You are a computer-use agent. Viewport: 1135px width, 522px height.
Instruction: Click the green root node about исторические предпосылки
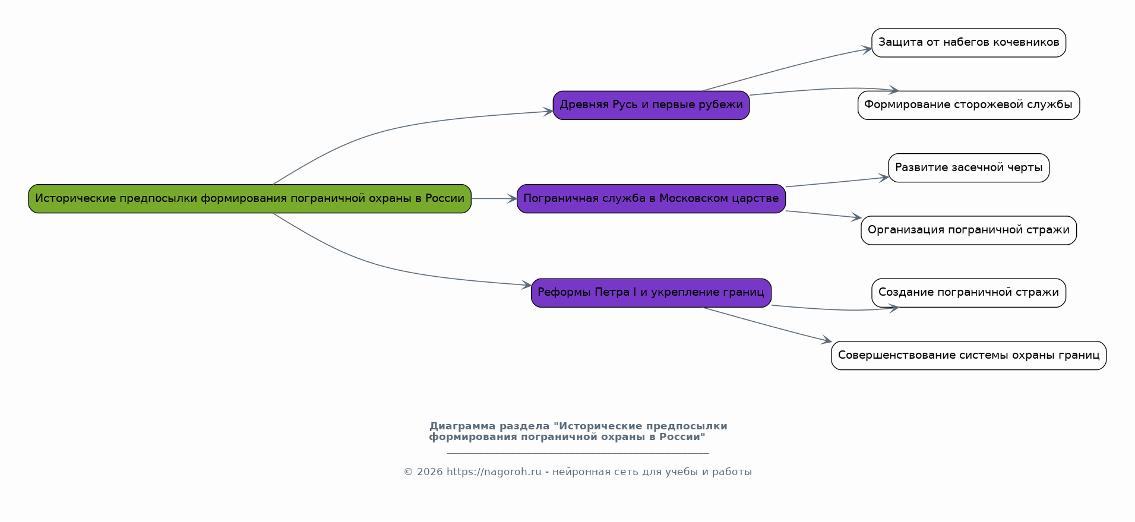[x=249, y=198]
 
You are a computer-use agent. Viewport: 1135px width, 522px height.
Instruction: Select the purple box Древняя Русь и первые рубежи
[x=651, y=105]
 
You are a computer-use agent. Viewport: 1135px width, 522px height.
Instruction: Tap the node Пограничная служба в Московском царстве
[x=651, y=198]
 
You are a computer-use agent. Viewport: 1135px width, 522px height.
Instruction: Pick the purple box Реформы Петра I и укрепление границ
[x=651, y=292]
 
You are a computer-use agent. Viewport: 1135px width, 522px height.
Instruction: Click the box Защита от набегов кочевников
[x=968, y=43]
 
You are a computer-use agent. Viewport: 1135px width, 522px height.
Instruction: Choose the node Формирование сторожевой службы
[x=968, y=105]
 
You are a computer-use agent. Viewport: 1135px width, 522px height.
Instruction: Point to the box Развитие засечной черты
[x=968, y=167]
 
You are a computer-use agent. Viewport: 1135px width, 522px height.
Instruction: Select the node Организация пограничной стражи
[x=968, y=230]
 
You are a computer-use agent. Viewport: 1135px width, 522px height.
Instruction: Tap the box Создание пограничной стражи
[x=968, y=292]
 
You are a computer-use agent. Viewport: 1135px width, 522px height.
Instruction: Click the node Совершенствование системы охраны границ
[x=968, y=355]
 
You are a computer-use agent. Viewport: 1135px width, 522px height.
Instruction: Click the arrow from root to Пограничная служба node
[x=493, y=198]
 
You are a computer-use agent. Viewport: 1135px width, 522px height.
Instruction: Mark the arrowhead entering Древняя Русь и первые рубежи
[x=549, y=111]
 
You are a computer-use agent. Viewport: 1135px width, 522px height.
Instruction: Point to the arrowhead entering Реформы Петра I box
[x=527, y=285]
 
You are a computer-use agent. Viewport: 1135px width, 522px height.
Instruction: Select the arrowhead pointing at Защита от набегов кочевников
[x=868, y=49]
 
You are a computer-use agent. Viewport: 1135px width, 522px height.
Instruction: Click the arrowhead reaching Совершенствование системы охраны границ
[x=827, y=341]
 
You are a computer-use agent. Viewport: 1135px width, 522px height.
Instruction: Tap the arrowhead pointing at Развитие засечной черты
[x=884, y=178]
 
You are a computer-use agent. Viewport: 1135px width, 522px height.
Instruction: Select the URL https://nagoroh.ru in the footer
[x=494, y=472]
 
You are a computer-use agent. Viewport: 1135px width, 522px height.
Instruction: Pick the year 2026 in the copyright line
[x=429, y=472]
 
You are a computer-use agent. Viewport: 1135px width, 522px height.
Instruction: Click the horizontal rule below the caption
[x=577, y=453]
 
